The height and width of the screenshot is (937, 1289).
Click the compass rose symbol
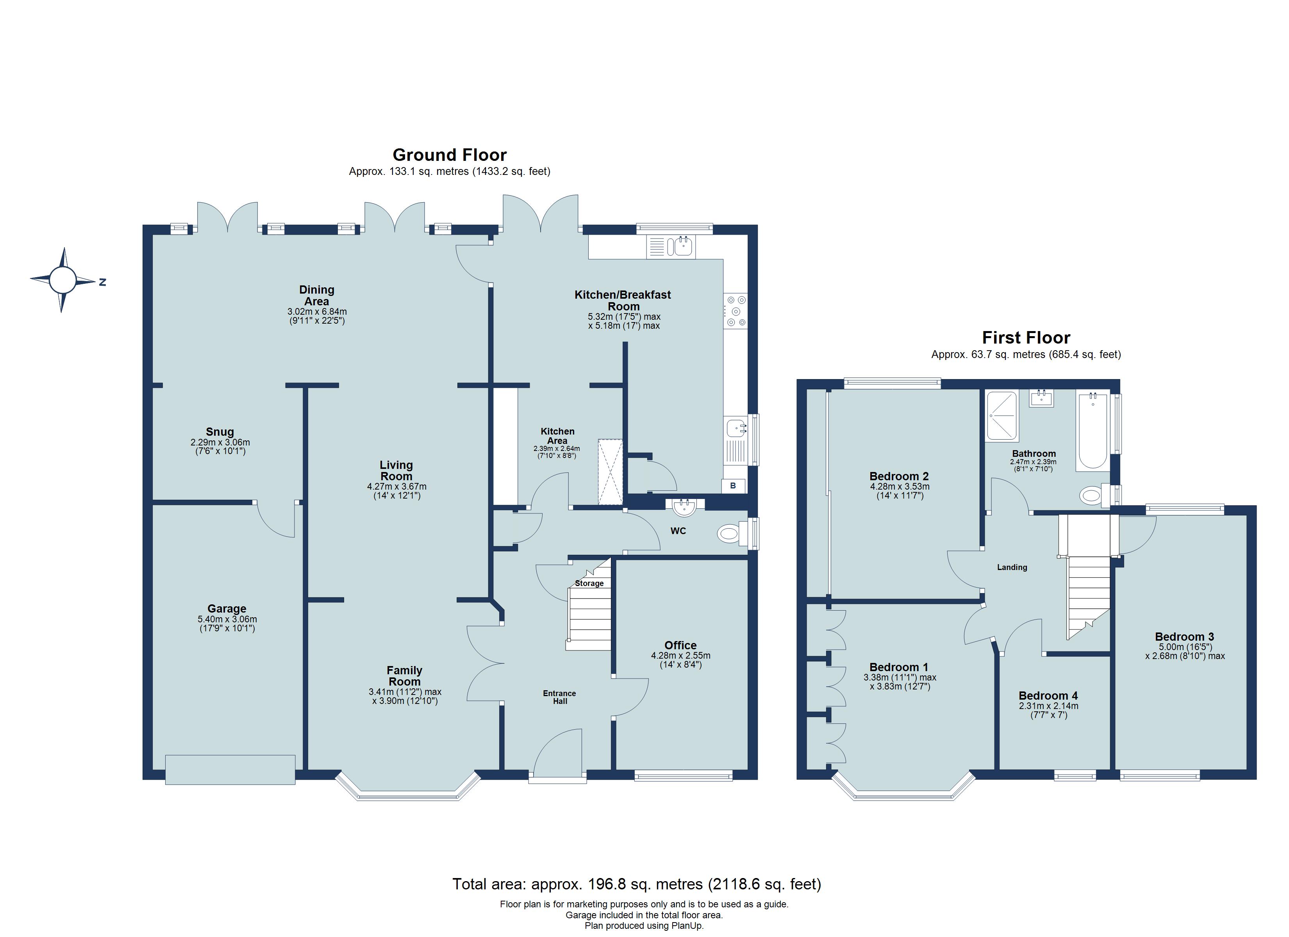pos(62,280)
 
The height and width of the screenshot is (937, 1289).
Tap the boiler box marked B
pos(733,486)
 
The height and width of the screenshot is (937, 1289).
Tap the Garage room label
pos(227,609)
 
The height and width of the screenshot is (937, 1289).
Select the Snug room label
pos(220,432)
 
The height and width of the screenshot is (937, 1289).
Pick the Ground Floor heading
pos(450,155)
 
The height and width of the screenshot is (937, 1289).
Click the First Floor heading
pos(1026,338)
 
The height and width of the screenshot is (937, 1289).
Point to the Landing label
pos(1012,567)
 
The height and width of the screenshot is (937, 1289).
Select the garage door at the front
pos(230,770)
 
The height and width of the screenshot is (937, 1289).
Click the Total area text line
pos(637,884)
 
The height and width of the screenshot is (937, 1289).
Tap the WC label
pos(678,531)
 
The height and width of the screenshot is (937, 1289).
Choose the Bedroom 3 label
pos(1184,637)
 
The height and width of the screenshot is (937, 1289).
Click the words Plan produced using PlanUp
pos(644,926)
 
